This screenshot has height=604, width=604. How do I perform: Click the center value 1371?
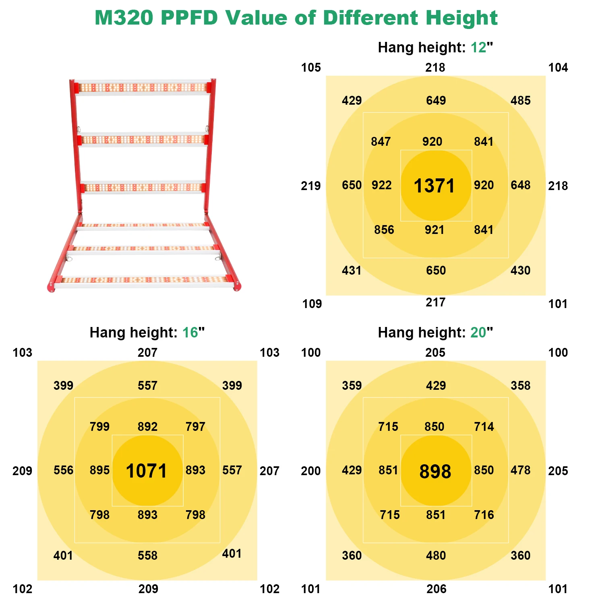tap(434, 186)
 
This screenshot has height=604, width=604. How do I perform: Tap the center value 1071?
tap(146, 471)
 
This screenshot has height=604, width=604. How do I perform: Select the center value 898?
tap(435, 472)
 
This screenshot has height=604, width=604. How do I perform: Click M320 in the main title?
tap(124, 18)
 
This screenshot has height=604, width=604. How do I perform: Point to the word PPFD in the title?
tap(189, 18)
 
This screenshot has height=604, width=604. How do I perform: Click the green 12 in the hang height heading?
tap(478, 48)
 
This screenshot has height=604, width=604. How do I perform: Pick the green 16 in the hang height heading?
tap(190, 333)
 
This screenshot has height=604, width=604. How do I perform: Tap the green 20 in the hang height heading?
tap(478, 333)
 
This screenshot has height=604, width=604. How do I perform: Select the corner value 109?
tap(312, 304)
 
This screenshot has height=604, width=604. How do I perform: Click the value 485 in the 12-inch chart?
tap(520, 100)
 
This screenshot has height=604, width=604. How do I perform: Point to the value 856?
tap(384, 230)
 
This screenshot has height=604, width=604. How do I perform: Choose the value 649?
tap(436, 100)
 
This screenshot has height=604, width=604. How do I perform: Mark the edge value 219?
tap(311, 186)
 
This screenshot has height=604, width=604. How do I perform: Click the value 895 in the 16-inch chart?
tap(99, 470)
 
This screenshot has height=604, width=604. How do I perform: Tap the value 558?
tap(147, 555)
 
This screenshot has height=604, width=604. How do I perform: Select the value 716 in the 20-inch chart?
tap(484, 515)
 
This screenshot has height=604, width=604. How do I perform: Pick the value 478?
tap(520, 470)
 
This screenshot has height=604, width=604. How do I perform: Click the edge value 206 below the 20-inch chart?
tap(436, 589)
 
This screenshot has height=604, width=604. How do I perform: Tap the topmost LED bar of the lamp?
tap(143, 87)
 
